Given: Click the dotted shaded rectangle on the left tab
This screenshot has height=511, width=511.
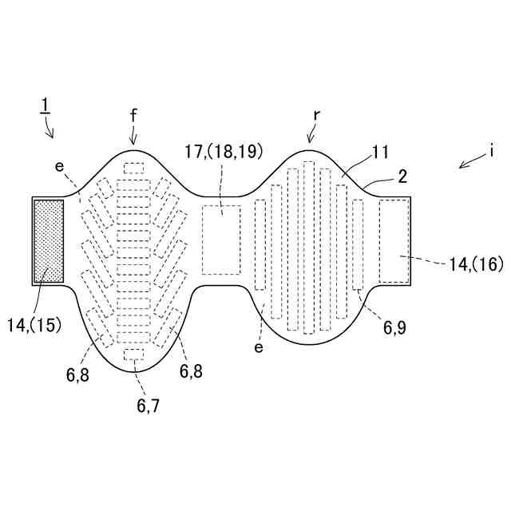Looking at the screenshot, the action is tap(48, 240).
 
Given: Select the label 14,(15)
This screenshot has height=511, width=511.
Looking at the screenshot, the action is tap(34, 325).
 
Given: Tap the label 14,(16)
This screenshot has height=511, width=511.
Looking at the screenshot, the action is tap(476, 264).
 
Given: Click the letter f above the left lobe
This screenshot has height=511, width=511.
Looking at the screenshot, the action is tap(133, 116).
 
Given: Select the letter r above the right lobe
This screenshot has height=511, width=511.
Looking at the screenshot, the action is tap(316, 115).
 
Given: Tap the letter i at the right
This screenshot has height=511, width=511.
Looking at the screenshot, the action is tap(493, 149).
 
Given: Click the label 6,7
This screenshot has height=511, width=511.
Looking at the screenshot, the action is tap(148, 405).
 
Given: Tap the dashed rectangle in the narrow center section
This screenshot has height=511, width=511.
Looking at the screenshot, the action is tap(221, 240).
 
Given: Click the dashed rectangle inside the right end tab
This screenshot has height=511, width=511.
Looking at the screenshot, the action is tap(393, 240).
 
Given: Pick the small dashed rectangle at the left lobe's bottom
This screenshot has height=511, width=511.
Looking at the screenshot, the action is tap(133, 354).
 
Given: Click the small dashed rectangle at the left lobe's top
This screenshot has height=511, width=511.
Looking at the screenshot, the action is tap(133, 168).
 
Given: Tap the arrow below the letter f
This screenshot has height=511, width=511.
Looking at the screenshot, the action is tap(133, 137).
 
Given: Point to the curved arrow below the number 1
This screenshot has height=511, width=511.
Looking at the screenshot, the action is tap(50, 128).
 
